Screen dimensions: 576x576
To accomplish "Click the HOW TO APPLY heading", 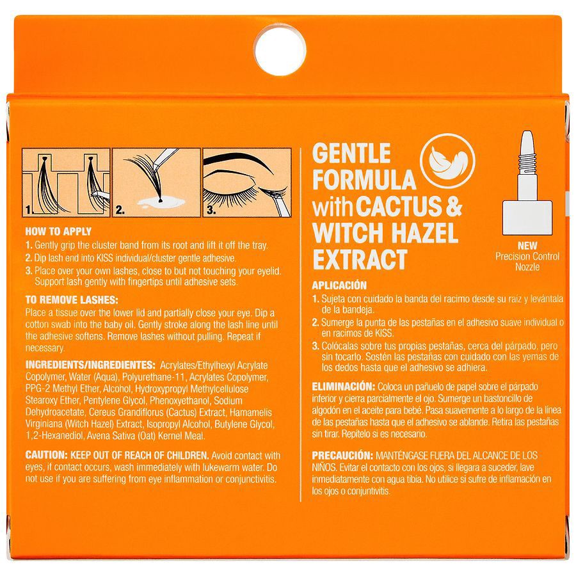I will point(58,232).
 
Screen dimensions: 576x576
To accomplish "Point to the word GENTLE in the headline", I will point(351,154).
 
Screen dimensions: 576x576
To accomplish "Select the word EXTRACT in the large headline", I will point(359,260).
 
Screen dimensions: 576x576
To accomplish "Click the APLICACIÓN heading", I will point(339,285).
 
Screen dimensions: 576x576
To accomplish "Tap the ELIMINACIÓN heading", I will point(342,387).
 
